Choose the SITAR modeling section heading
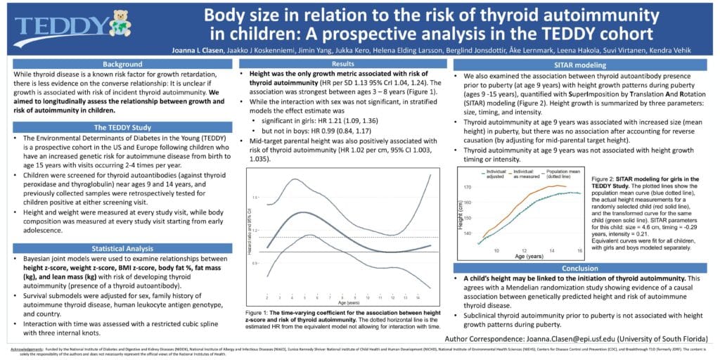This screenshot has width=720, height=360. coord(581,64)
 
